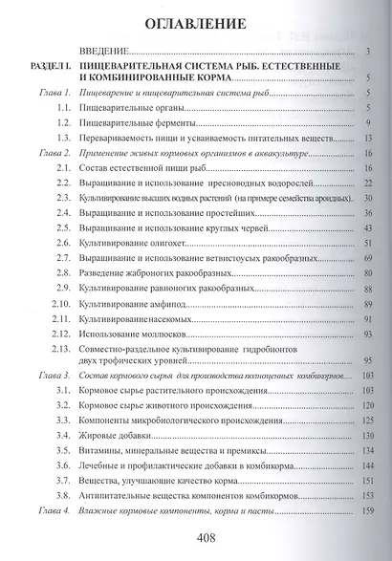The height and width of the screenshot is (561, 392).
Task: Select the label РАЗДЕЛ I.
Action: coord(48,65)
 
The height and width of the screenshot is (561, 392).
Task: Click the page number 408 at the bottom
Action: coord(201,536)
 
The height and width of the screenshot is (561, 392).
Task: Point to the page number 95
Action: coord(369,362)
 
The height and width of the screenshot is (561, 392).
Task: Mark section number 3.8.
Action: coord(63,497)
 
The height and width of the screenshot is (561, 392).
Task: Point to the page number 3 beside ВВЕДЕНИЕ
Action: coord(370,51)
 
